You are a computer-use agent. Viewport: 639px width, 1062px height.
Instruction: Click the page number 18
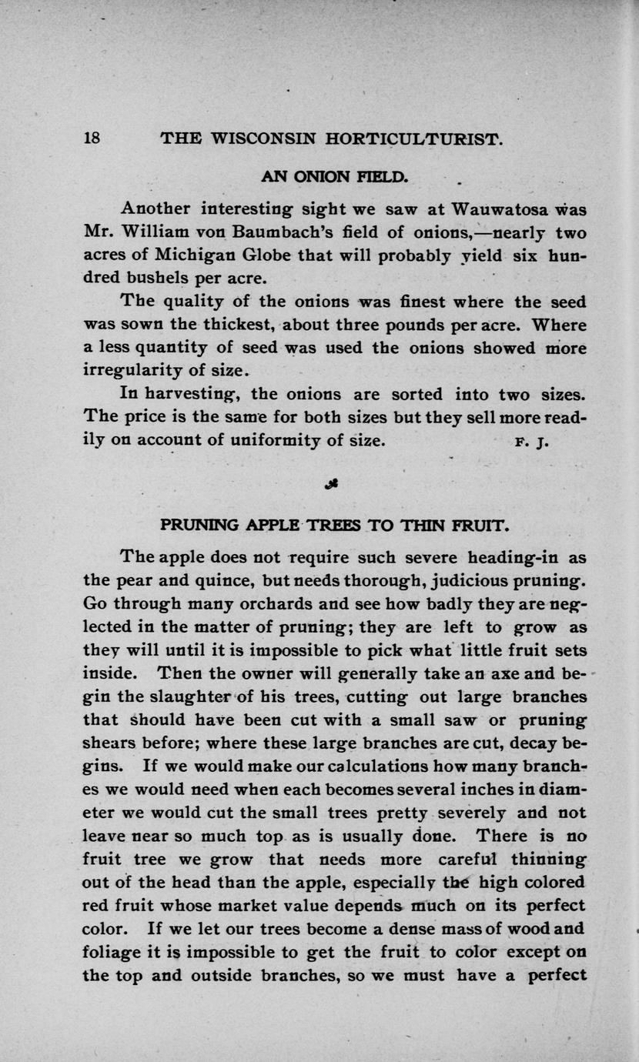tap(92, 139)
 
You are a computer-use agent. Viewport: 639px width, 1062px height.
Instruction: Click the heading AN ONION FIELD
tap(333, 176)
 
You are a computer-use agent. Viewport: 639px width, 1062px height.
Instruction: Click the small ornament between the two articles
tap(333, 484)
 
